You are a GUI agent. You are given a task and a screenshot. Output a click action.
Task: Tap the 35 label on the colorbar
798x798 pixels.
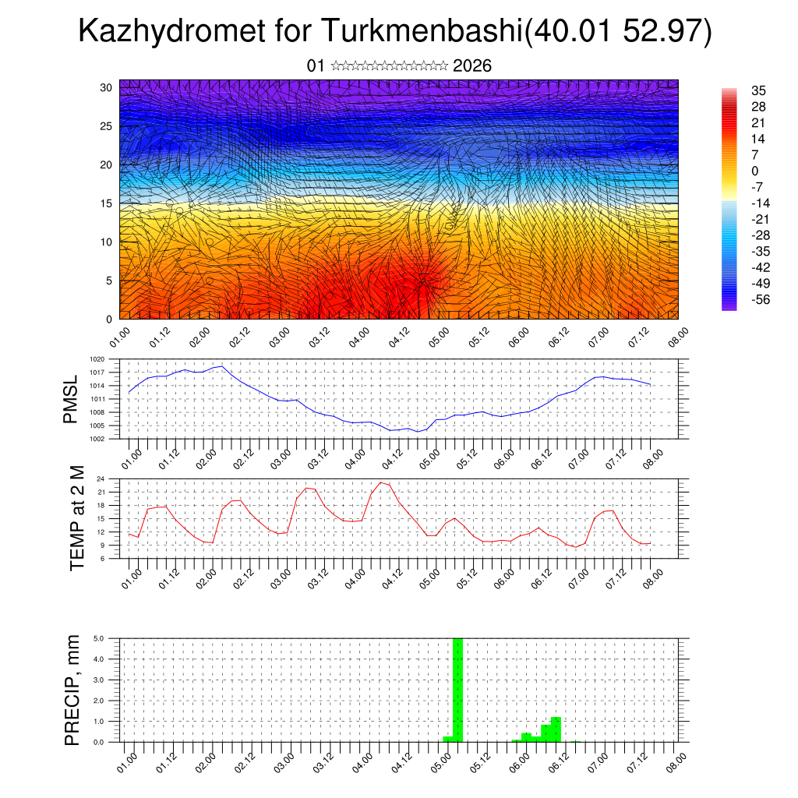coord(757,90)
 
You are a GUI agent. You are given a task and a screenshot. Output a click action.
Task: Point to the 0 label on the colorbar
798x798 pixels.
coord(754,171)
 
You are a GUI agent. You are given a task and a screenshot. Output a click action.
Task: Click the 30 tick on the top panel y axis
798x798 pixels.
coord(107,87)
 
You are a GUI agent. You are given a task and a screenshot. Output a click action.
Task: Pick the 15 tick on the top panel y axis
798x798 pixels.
coord(107,203)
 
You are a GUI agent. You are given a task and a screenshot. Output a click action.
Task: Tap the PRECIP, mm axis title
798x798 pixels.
coord(72,689)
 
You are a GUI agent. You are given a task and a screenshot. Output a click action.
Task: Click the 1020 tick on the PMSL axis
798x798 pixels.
coord(97,359)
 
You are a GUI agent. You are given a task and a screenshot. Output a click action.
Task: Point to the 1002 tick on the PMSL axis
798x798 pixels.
coord(97,439)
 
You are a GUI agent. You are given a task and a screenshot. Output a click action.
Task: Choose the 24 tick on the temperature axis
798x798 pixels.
coord(101,478)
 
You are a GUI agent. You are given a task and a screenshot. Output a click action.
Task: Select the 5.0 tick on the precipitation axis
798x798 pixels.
coord(100,638)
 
